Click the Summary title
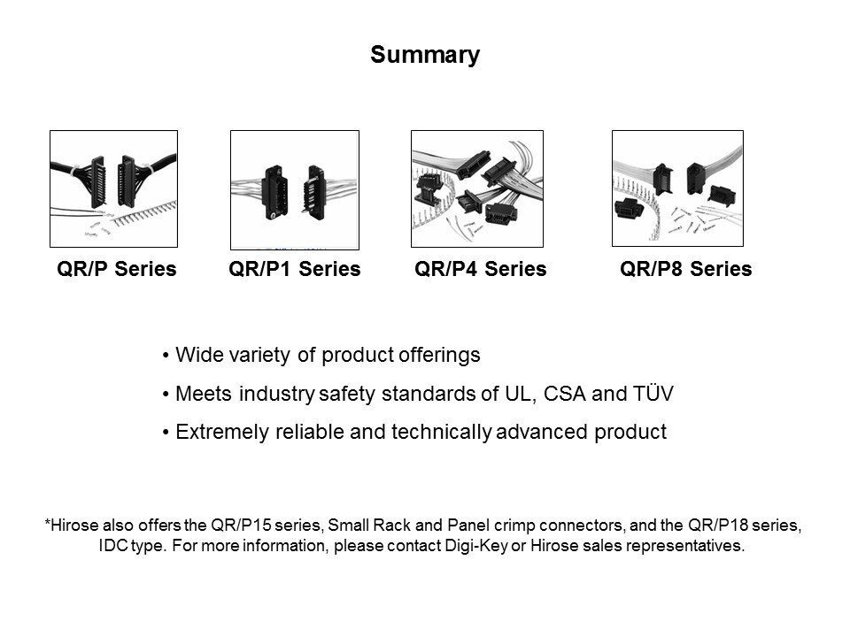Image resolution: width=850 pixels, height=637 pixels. tap(425, 55)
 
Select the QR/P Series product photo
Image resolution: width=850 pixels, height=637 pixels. tap(114, 188)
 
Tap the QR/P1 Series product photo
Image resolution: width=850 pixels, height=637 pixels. tap(295, 189)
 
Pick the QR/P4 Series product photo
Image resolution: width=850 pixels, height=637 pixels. tap(477, 188)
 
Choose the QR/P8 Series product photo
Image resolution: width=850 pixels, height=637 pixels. tap(677, 188)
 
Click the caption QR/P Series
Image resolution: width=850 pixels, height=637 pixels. tap(117, 269)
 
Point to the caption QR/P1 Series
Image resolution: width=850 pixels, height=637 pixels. tap(294, 269)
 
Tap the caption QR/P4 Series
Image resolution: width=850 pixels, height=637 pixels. tap(480, 269)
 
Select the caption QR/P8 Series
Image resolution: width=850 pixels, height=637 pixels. tap(685, 269)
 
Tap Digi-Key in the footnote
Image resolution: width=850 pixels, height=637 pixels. tap(476, 546)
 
